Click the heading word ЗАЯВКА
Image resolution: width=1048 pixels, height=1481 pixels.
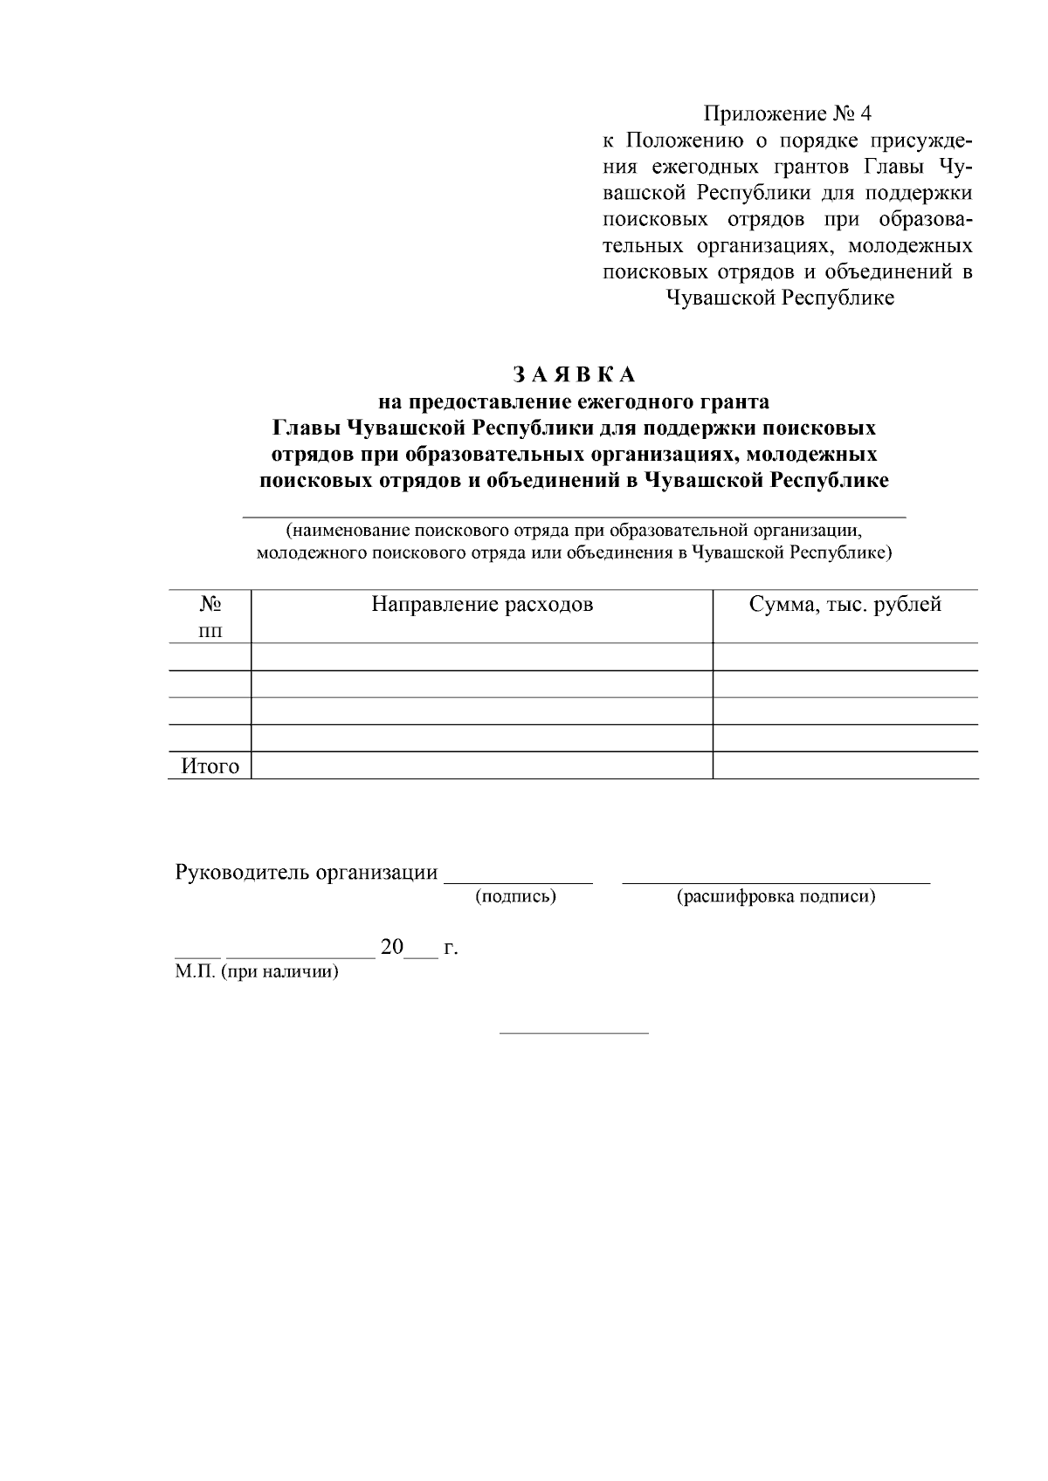click(573, 374)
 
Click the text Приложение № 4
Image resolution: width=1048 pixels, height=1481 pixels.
click(788, 113)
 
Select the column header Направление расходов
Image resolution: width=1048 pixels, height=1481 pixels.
click(482, 604)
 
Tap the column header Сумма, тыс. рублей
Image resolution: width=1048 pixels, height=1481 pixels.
click(845, 604)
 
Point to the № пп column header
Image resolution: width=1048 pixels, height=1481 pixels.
click(210, 616)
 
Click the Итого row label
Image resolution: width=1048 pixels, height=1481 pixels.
click(210, 766)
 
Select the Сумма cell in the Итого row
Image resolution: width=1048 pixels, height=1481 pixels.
click(845, 766)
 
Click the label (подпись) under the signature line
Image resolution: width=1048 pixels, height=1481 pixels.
click(515, 896)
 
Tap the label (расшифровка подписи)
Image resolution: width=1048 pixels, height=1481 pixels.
click(776, 896)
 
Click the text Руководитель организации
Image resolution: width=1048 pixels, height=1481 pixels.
click(307, 873)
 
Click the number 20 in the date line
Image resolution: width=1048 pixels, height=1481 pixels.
click(392, 947)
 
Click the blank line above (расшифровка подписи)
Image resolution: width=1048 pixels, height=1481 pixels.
click(776, 882)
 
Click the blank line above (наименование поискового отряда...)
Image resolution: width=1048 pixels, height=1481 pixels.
click(574, 518)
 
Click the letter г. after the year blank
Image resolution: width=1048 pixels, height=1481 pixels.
click(451, 948)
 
